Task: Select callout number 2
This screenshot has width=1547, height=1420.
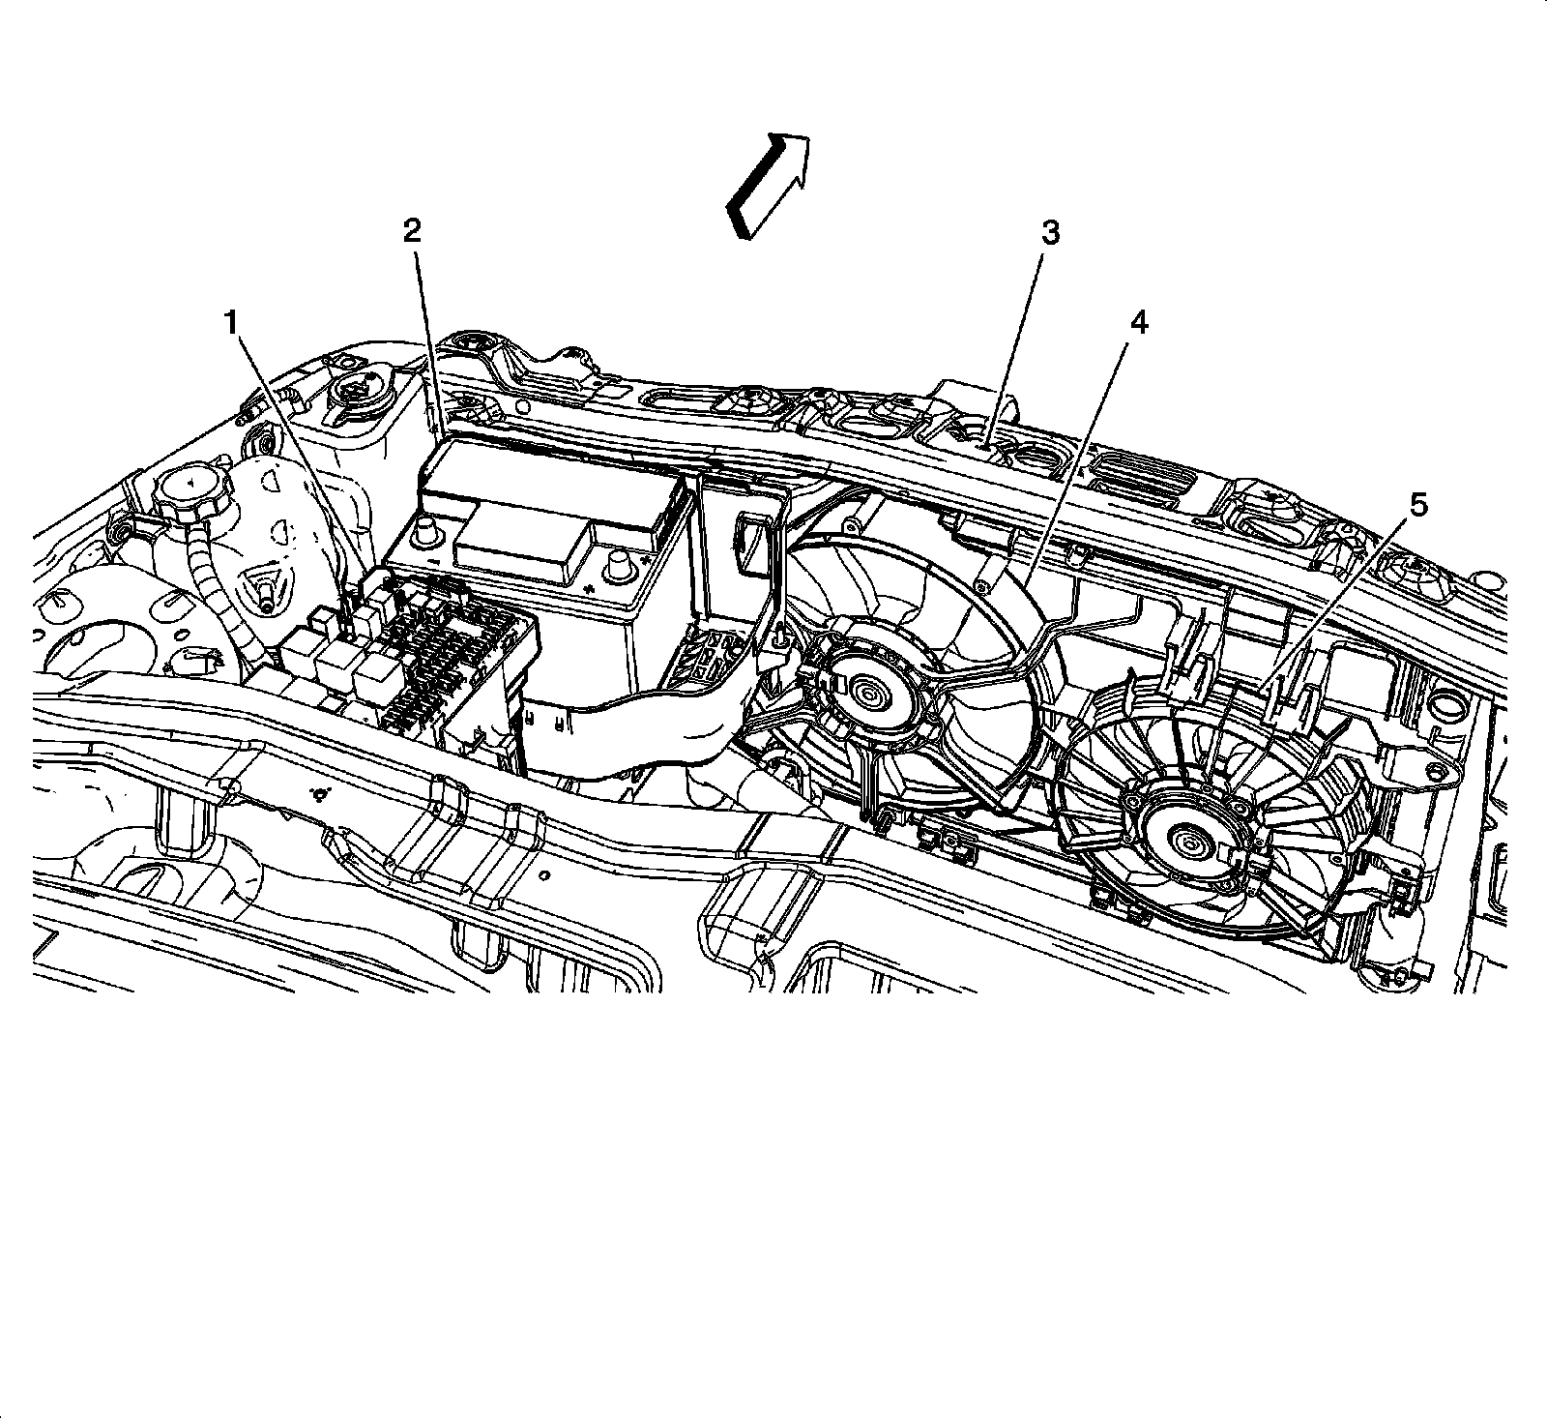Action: point(412,231)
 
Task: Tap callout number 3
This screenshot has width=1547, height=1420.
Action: point(1049,233)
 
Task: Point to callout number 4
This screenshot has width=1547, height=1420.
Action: point(1139,323)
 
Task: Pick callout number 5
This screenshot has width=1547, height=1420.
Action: point(1416,505)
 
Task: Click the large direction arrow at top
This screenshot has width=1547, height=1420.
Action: point(769,184)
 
